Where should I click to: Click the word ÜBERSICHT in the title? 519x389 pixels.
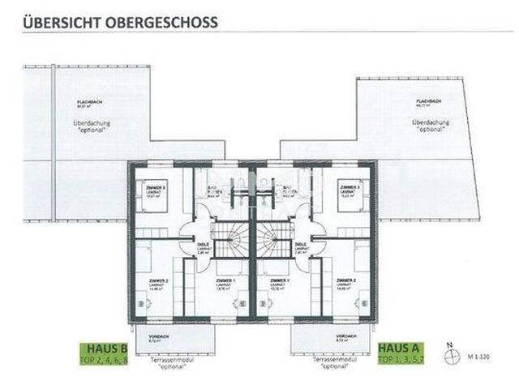(62, 22)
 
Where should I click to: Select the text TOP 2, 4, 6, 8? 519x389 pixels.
(102, 357)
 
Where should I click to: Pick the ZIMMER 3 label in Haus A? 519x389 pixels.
(350, 188)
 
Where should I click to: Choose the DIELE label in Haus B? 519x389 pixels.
(204, 243)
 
